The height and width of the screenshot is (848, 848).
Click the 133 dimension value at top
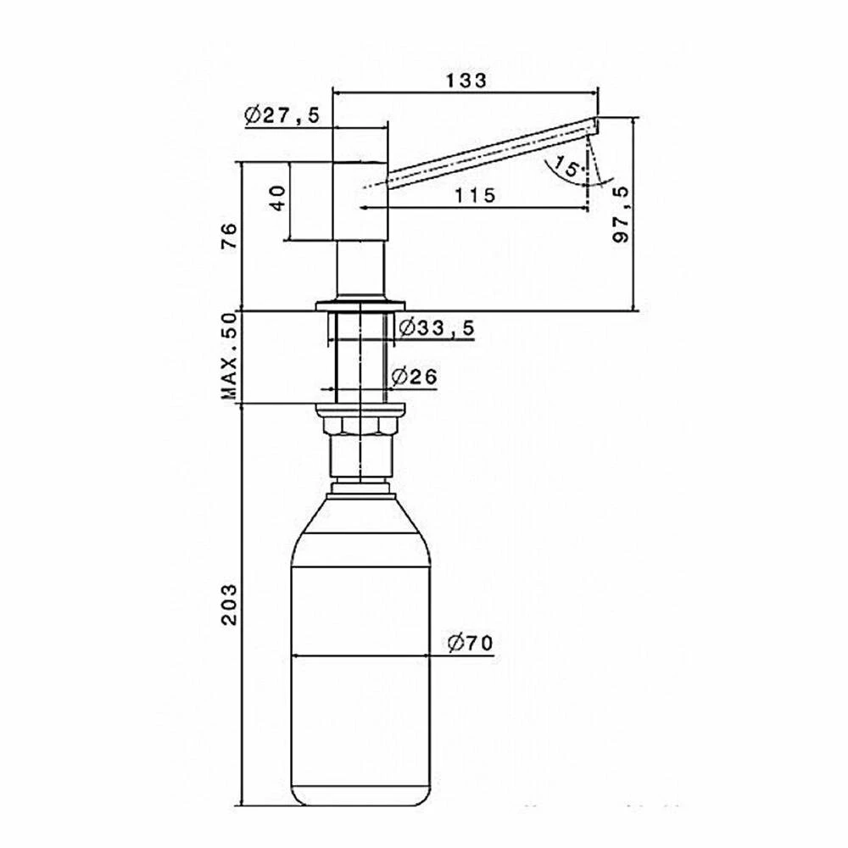[466, 80]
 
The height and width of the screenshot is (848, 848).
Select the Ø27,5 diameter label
[282, 115]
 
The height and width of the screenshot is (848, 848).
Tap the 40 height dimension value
[277, 198]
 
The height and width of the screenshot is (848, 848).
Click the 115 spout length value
[475, 195]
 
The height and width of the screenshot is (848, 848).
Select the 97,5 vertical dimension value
[622, 215]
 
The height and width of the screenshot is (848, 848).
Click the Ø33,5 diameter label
[437, 327]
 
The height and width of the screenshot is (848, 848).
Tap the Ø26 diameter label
[414, 377]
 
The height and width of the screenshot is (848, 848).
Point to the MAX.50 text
[229, 356]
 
